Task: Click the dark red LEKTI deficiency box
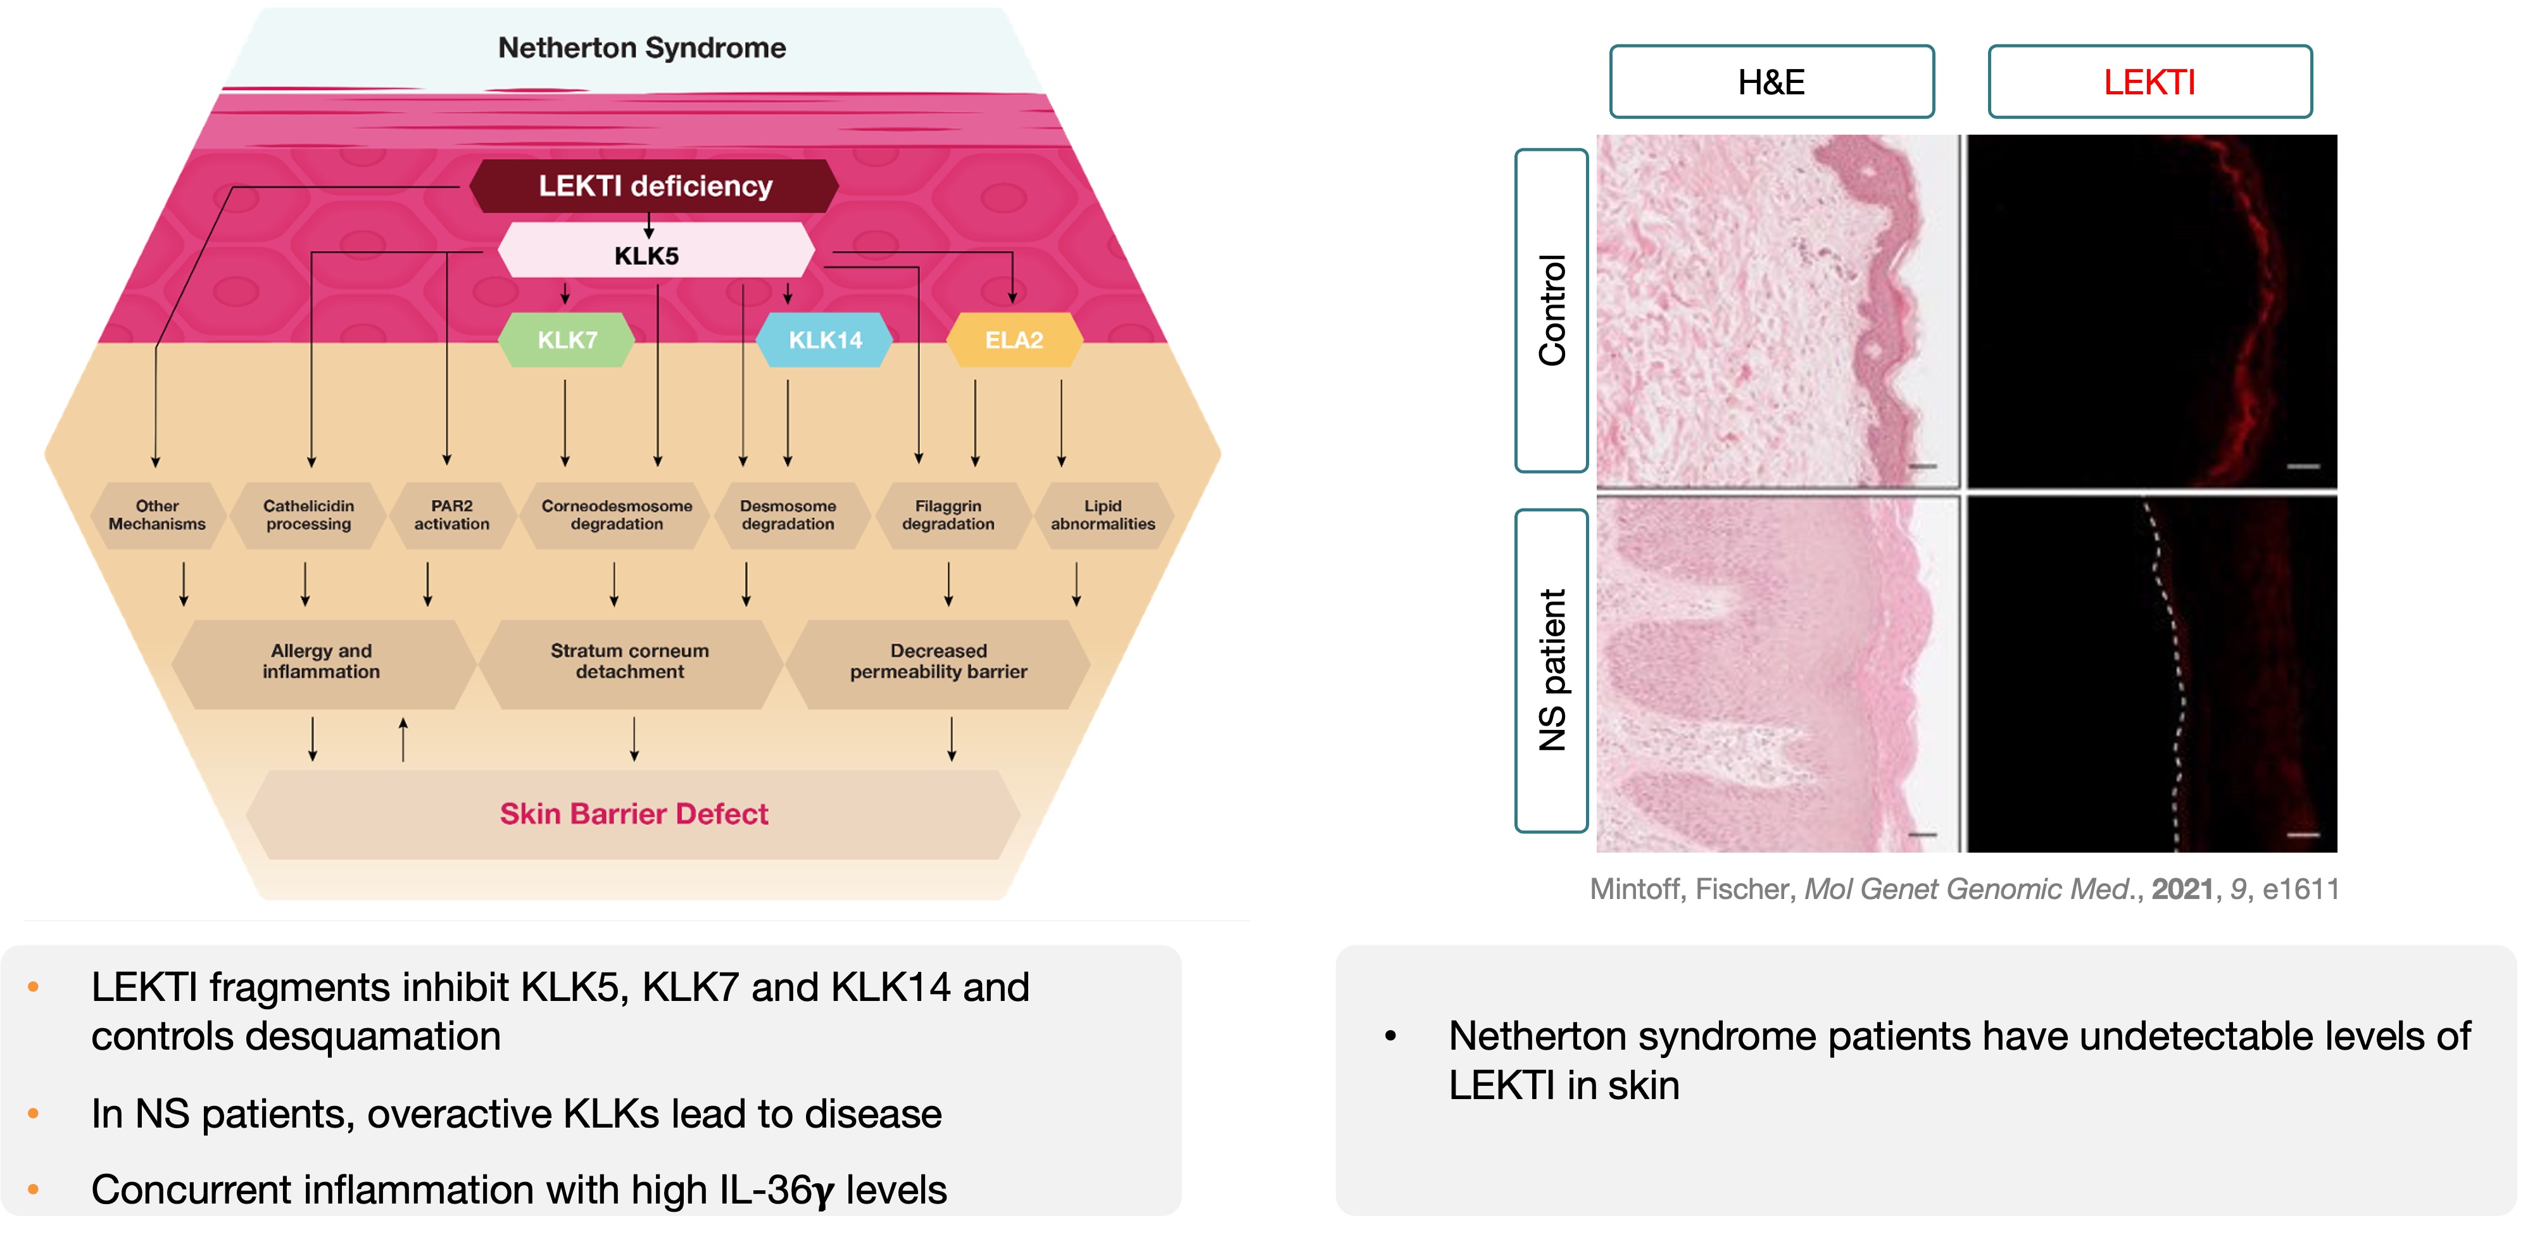coord(654,186)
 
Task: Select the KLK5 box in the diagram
coord(647,256)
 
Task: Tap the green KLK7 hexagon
coord(567,341)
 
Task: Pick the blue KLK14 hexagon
coord(825,341)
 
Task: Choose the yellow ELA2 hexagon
coord(1014,341)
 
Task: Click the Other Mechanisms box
coord(157,515)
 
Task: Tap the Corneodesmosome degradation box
coord(617,515)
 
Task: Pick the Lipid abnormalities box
coord(1102,515)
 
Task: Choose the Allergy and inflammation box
coord(322,662)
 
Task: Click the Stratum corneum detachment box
coord(629,662)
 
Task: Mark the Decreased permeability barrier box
coord(938,662)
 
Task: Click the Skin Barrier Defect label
coord(634,814)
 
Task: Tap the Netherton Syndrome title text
coord(641,47)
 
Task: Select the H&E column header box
coord(1771,82)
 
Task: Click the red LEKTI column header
coord(2149,82)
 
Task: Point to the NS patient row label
coord(1551,671)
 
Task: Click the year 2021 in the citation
coord(2182,890)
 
